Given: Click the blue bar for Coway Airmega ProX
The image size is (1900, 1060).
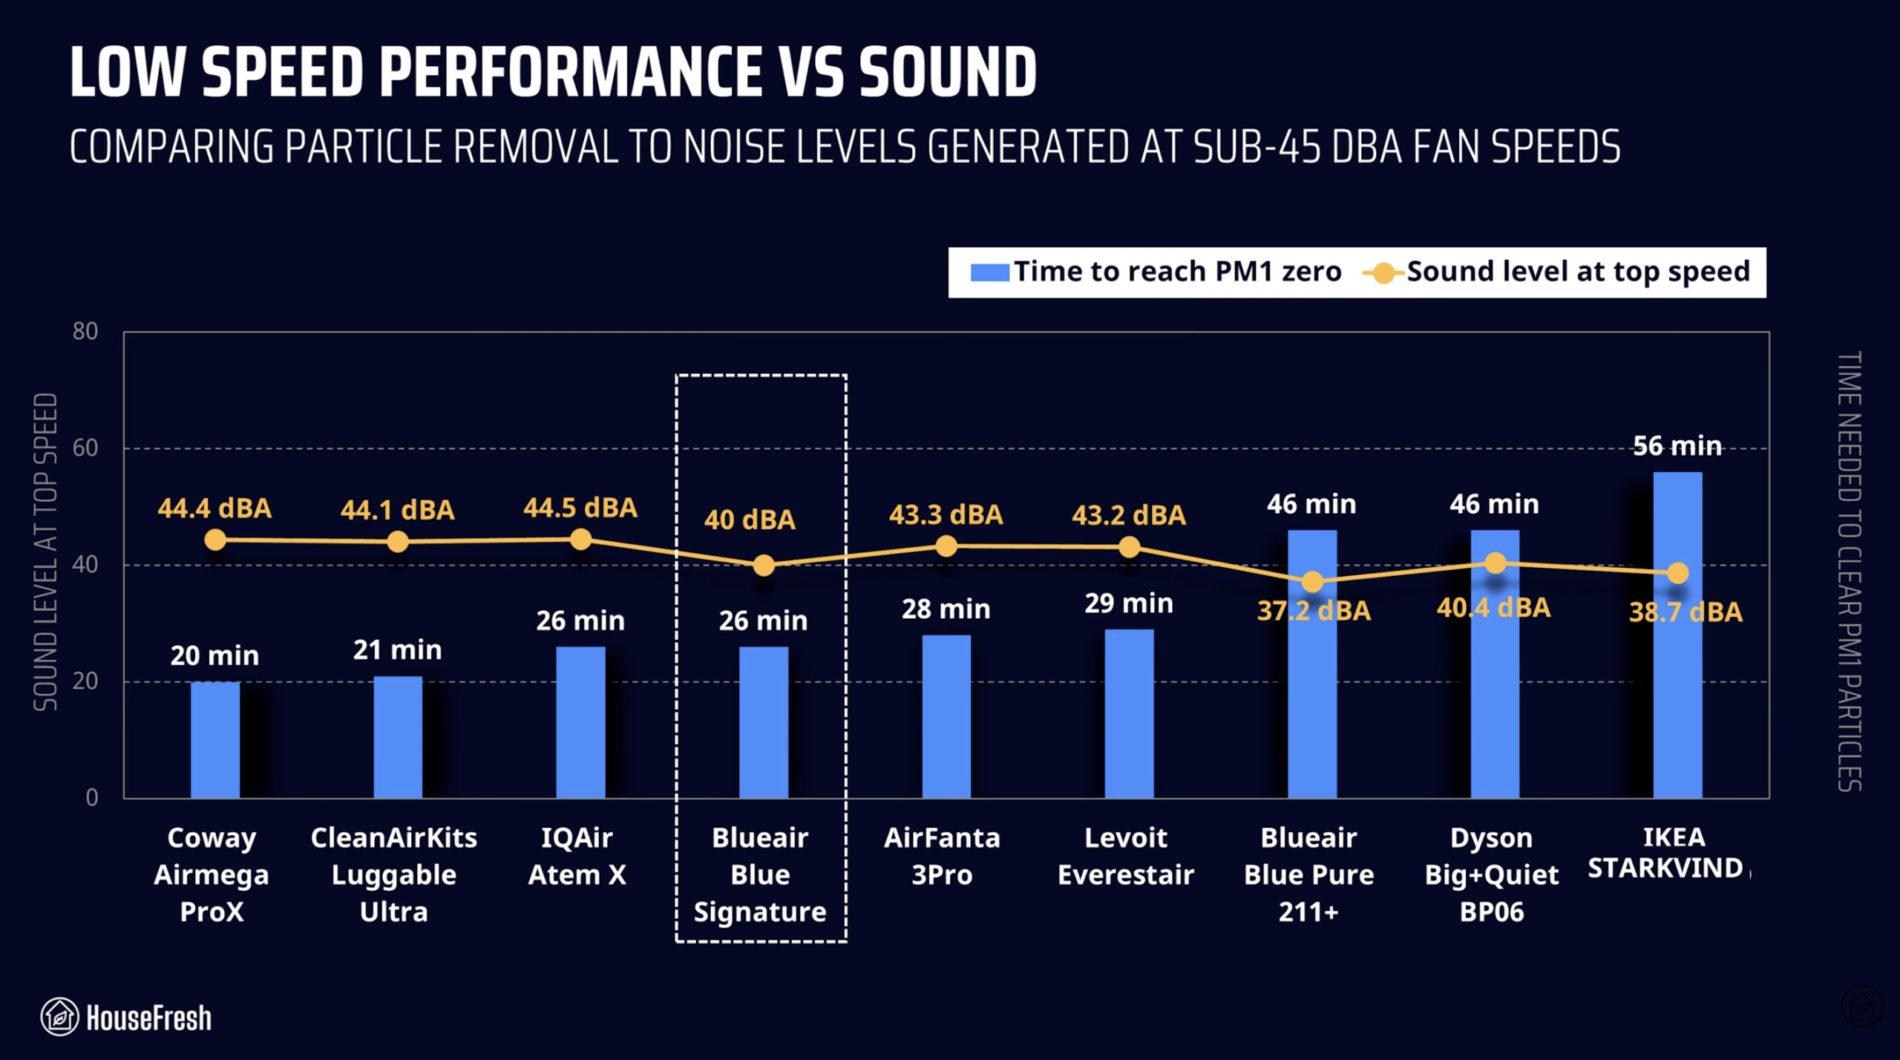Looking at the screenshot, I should pos(214,740).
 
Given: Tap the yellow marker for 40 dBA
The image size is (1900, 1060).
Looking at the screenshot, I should pos(763,566).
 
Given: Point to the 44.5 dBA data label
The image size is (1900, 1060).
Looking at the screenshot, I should pos(580,508).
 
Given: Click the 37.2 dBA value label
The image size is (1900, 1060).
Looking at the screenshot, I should pos(1313,611).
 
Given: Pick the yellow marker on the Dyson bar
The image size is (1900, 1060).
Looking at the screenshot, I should pos(1495,563).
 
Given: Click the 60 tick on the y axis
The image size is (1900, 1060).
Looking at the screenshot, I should pos(85,448).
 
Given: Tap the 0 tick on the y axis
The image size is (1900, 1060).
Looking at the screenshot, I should pos(91,797).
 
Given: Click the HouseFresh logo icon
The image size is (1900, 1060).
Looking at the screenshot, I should pos(59,1016).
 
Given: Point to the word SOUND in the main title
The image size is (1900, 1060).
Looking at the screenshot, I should pos(947,72).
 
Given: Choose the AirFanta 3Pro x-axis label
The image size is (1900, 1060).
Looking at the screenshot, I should pos(942,856).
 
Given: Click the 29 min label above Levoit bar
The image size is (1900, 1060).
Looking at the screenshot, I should pos(1128,603).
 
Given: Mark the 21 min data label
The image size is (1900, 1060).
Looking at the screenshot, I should pos(397,650).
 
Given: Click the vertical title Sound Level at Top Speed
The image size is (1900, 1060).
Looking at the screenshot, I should pos(45,552).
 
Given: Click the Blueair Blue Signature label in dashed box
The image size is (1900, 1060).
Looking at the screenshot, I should pos(760,874).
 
